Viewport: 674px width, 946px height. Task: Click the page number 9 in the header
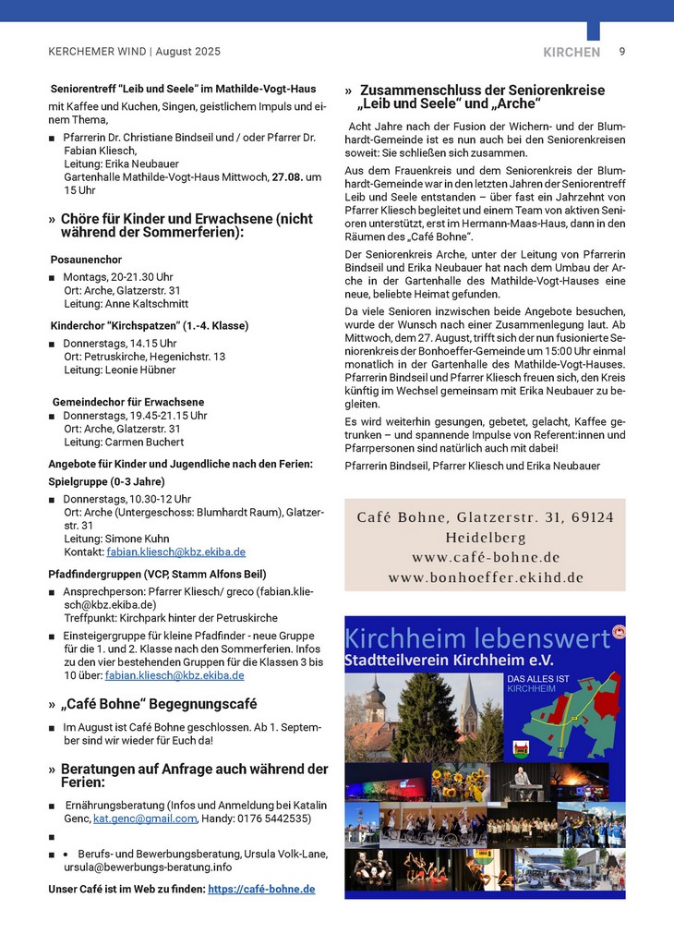(x=622, y=52)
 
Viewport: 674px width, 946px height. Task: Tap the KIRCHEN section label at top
(x=572, y=53)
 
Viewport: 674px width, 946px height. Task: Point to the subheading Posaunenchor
(x=87, y=260)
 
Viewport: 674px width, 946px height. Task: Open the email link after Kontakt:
(x=175, y=552)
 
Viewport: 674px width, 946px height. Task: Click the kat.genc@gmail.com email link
(x=145, y=819)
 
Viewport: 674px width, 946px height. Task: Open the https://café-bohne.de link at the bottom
(x=261, y=889)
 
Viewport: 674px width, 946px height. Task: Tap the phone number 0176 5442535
(x=275, y=819)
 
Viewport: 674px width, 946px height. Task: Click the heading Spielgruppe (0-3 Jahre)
(x=106, y=481)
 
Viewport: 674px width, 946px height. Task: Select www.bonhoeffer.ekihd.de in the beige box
(x=485, y=577)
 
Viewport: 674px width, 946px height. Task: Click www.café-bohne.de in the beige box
(x=485, y=557)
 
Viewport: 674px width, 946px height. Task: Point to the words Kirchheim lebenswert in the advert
(x=476, y=638)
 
